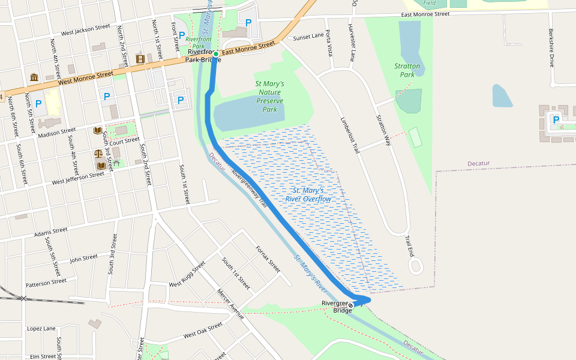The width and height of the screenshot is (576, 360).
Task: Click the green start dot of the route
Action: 216,54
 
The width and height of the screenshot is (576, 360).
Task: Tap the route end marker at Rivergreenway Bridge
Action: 351,305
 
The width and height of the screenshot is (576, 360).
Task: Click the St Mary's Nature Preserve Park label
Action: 270,97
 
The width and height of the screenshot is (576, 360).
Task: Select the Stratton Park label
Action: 407,70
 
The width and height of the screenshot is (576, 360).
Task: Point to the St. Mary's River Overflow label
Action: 308,194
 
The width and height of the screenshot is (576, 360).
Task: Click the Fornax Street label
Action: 268,259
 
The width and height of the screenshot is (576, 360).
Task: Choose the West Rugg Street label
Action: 187,273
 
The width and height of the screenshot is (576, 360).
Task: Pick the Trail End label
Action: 409,245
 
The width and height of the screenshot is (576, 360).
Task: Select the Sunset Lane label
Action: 308,37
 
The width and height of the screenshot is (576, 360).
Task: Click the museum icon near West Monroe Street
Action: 34,78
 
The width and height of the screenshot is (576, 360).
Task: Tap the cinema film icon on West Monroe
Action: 140,59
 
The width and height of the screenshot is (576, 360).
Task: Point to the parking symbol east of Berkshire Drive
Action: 556,119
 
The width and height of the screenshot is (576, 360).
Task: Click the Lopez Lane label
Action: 41,329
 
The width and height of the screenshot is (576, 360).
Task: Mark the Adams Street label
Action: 50,230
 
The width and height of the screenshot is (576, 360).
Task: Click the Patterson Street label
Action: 46,282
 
